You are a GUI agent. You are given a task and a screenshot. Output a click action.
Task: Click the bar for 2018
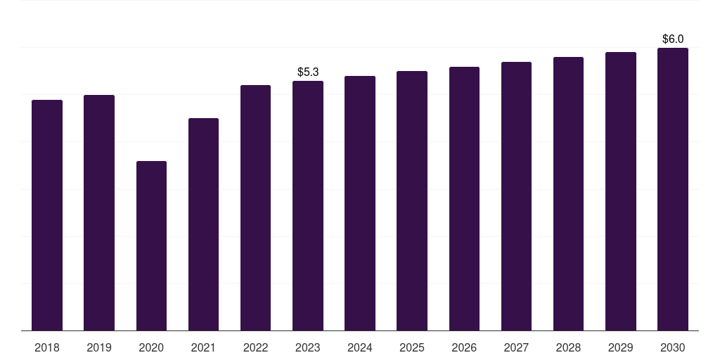tap(47, 215)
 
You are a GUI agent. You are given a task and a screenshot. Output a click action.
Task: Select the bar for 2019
tap(99, 212)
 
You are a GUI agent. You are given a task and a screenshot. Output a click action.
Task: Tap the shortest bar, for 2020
tap(151, 245)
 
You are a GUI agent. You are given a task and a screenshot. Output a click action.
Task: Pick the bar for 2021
tap(203, 224)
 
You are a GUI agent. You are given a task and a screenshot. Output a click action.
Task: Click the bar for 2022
tap(255, 207)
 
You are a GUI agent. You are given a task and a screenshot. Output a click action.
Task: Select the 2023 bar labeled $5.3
tap(308, 205)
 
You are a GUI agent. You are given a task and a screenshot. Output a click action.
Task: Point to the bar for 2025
tap(412, 200)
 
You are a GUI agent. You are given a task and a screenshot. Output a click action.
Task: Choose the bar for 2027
tap(516, 196)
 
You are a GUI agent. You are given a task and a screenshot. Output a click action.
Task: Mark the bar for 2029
tap(621, 191)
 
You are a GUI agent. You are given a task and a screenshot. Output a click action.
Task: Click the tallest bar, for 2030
tap(673, 189)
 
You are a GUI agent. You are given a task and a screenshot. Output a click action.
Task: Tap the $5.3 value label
tap(308, 72)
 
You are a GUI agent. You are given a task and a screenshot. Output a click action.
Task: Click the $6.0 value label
tap(673, 39)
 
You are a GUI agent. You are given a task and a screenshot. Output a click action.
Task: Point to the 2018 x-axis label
tap(47, 347)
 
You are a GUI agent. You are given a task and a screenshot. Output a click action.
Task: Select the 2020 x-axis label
tap(151, 347)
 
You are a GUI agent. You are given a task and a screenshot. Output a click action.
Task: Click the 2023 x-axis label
tap(308, 347)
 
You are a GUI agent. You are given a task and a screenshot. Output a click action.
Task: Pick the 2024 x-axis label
tap(360, 347)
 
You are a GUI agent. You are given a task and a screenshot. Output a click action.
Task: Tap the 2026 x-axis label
tap(464, 347)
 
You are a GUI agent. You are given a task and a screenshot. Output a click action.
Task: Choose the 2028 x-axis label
tap(568, 347)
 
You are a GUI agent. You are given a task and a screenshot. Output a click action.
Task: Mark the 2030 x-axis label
tap(673, 347)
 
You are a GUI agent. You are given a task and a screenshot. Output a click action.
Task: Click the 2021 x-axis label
tap(203, 347)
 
